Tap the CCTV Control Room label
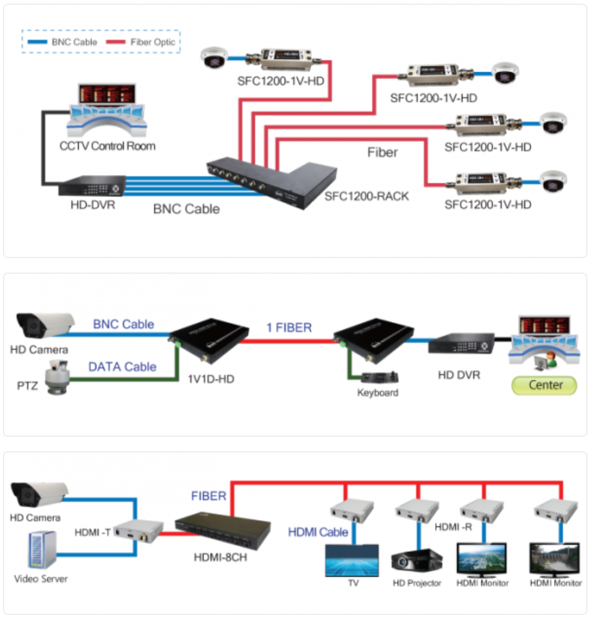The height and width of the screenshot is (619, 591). click(x=107, y=146)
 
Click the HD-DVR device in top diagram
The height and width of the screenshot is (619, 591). click(x=92, y=185)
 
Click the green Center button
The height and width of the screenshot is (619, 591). click(x=545, y=385)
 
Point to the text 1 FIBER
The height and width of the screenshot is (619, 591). click(x=289, y=328)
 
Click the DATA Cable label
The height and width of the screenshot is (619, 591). click(x=122, y=366)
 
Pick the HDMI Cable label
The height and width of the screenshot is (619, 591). click(x=318, y=532)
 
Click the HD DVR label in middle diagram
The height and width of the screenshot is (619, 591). click(x=458, y=375)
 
